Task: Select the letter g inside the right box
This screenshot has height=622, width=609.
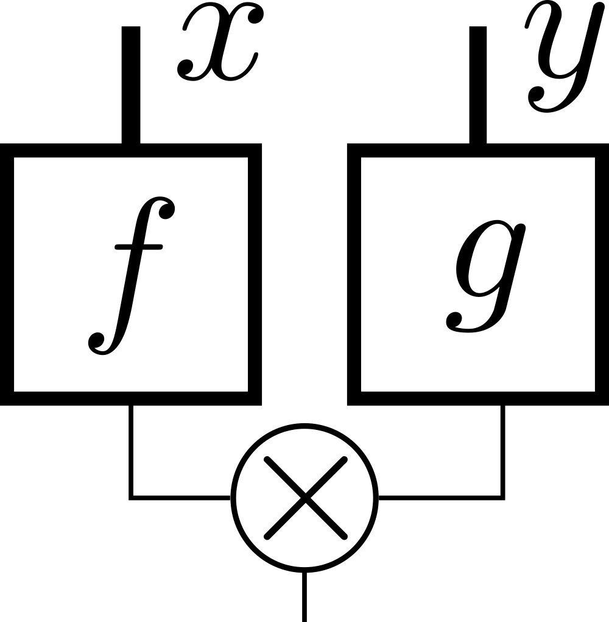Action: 486,277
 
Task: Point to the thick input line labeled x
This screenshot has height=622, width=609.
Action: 131,85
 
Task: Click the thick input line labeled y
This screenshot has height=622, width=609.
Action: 477,85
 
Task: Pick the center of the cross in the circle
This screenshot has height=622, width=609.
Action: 305,498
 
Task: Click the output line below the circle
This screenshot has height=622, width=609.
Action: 304,598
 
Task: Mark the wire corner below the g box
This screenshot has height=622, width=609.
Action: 502,498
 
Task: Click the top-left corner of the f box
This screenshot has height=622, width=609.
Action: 7,151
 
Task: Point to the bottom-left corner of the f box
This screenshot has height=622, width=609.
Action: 7,398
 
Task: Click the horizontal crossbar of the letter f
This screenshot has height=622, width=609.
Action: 138,246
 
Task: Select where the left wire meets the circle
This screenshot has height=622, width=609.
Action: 232,498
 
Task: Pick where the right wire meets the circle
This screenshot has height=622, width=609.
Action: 378,498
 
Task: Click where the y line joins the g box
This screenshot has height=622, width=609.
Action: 477,146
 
